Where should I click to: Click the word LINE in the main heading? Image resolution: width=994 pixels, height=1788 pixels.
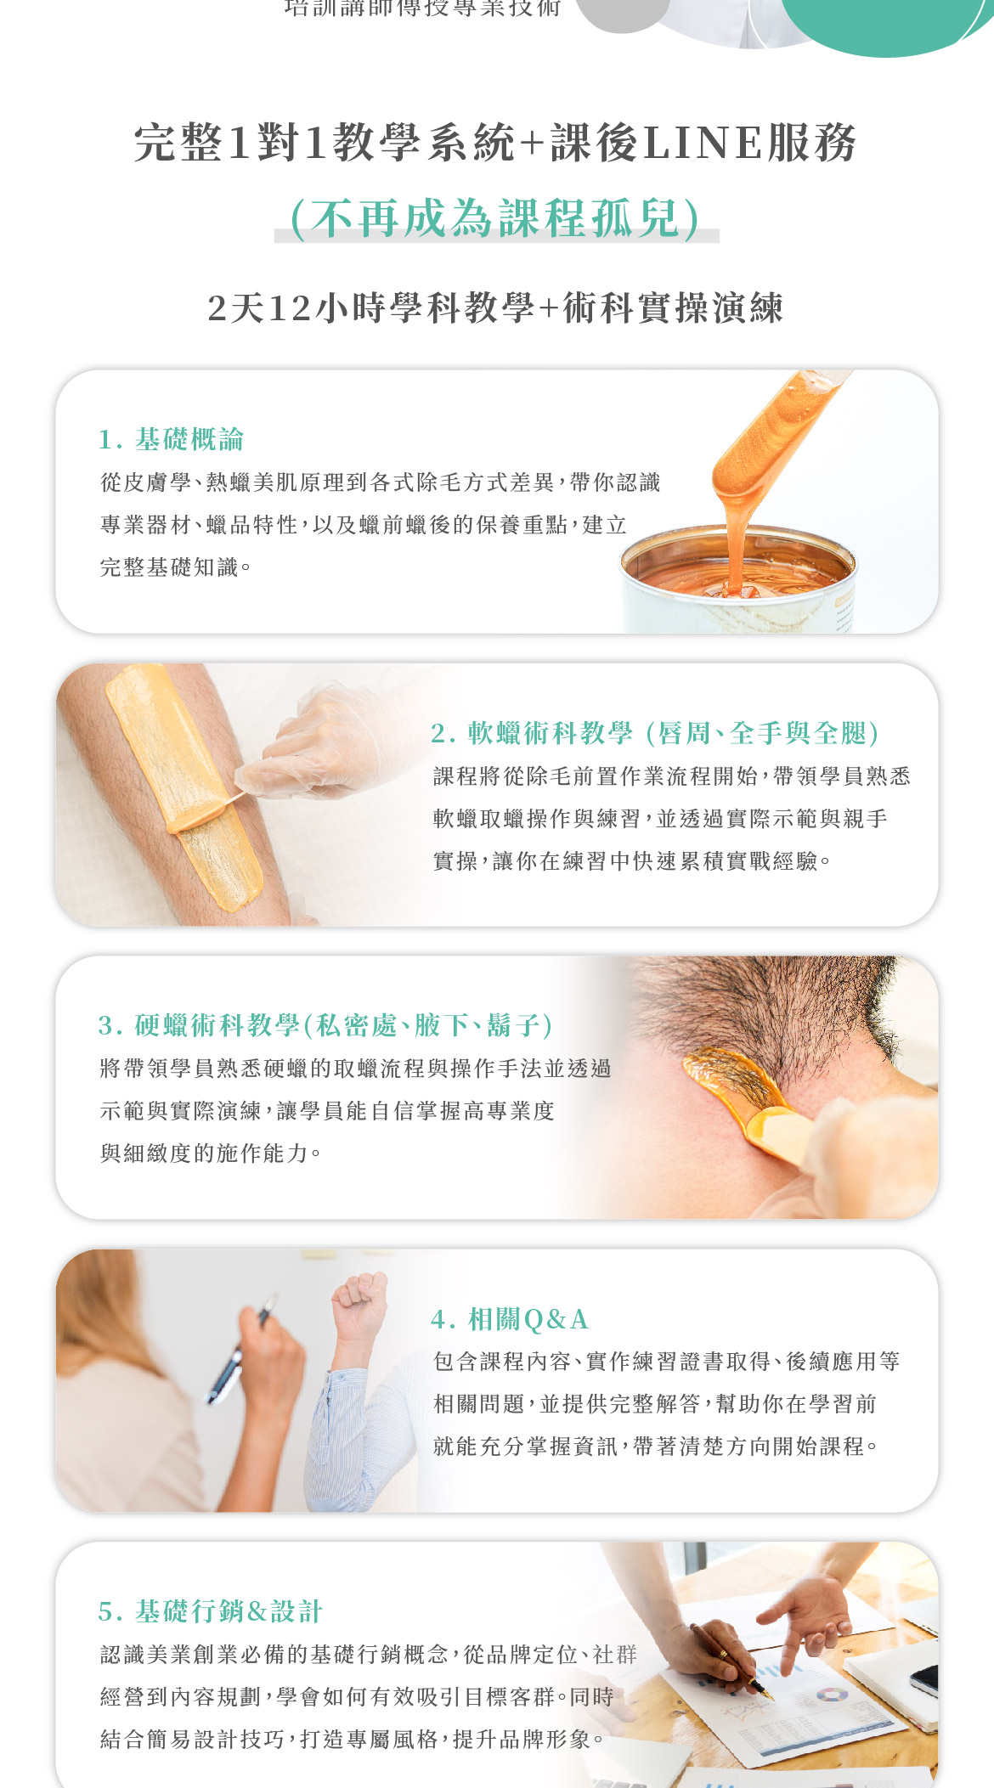click(702, 143)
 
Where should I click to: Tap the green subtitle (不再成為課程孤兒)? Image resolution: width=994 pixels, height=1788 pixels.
click(496, 218)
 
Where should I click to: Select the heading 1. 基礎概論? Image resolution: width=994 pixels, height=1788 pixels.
click(172, 439)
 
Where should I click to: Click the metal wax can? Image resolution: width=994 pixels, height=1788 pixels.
click(737, 580)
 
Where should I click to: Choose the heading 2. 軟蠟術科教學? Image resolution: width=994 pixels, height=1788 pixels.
click(532, 732)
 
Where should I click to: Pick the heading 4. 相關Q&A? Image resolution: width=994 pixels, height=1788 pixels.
click(510, 1319)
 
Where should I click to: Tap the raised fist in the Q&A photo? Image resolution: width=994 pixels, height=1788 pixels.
click(360, 1305)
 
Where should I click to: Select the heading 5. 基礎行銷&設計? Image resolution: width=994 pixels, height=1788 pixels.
click(210, 1611)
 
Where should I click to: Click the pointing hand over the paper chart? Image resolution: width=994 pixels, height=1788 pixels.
click(807, 1618)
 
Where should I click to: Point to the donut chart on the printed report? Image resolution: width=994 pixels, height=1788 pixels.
click(833, 1695)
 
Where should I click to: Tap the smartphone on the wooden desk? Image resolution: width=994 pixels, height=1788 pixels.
click(924, 1680)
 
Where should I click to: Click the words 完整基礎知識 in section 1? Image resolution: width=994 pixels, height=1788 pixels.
click(169, 567)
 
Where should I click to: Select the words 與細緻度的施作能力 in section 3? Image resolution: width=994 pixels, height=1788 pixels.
click(204, 1153)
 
